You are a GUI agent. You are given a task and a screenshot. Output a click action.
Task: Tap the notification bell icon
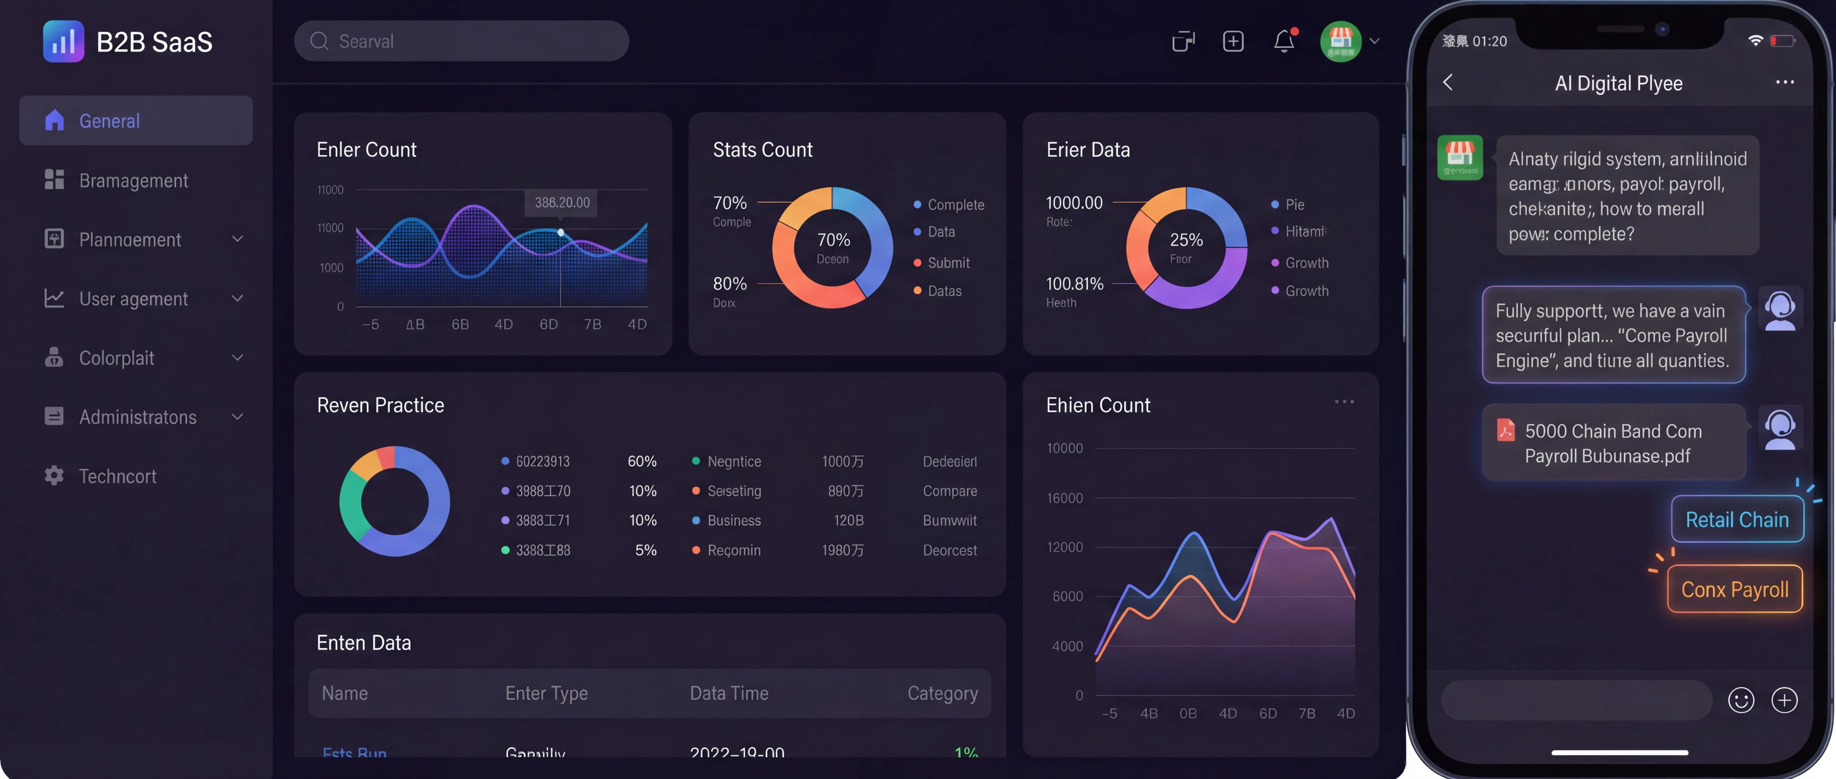pos(1284,41)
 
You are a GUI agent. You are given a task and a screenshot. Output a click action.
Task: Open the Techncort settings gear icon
pos(54,475)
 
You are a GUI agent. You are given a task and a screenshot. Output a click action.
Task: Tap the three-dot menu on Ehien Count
pos(1344,402)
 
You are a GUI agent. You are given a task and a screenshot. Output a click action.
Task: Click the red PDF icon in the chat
pos(1505,430)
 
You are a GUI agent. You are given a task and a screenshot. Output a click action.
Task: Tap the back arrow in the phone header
pos(1448,83)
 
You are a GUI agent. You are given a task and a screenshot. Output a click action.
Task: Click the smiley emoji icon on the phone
pos(1740,700)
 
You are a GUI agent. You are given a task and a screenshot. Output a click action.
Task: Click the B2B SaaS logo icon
pos(63,41)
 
